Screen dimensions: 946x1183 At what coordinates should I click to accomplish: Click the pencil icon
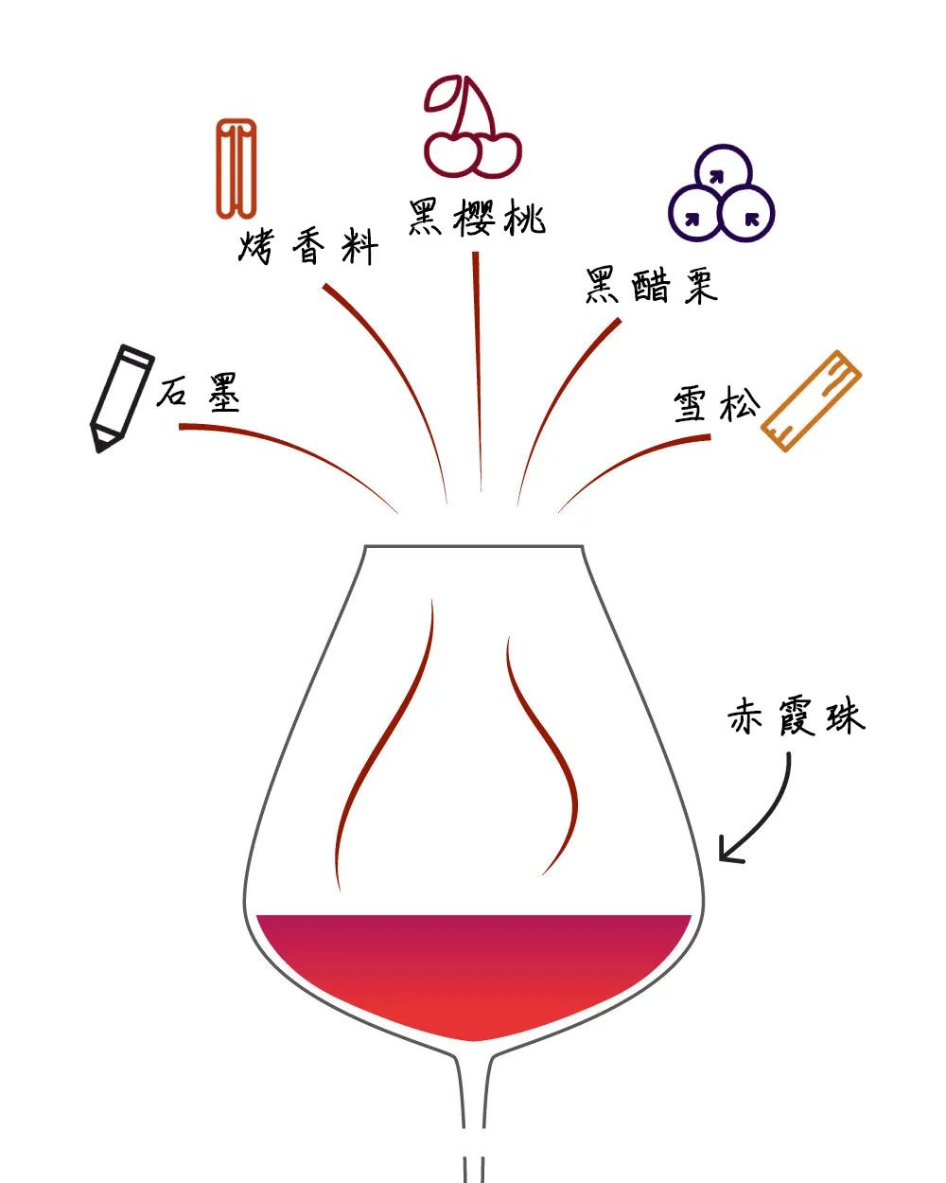(121, 397)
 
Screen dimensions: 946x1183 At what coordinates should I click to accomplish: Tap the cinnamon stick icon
(235, 168)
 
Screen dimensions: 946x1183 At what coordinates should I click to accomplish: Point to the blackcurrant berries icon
(721, 193)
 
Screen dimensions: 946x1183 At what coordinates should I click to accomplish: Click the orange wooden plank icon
(812, 401)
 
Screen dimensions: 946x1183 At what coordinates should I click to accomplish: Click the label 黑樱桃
(477, 218)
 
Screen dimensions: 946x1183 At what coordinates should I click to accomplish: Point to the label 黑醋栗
(651, 284)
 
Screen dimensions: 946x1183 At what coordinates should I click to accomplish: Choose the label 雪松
(717, 405)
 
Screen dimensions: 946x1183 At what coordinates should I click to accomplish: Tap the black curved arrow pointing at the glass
(762, 814)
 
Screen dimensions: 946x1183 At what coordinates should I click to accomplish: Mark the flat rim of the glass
(473, 546)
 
